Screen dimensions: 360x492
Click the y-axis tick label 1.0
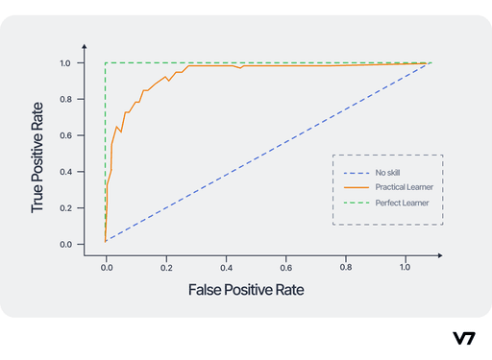(65, 63)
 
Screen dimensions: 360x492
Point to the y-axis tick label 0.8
(65, 100)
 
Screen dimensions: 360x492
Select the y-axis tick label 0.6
(65, 136)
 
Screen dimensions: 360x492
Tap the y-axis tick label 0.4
(65, 172)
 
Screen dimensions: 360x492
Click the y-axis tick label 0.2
(65, 208)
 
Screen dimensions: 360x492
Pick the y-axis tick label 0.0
(65, 245)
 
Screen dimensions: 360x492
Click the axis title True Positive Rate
(37, 155)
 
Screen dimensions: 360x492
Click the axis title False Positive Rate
(252, 289)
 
